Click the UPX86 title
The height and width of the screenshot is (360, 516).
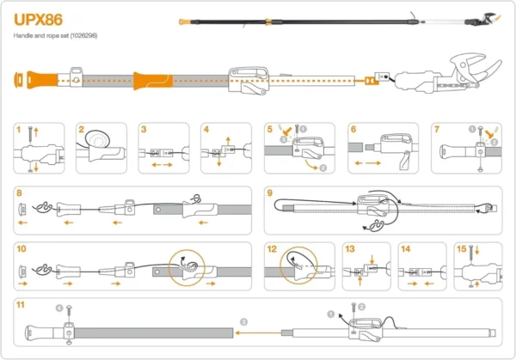click(38, 19)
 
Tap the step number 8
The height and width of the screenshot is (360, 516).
click(19, 192)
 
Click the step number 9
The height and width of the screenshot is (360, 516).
click(270, 192)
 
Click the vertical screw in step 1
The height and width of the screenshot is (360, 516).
click(32, 135)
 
